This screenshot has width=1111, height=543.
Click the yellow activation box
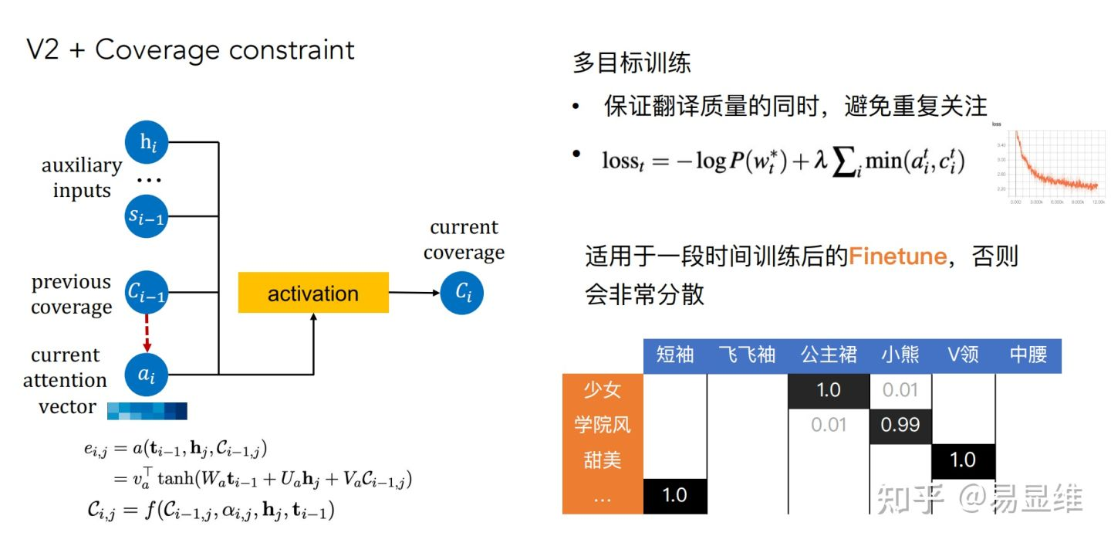(313, 294)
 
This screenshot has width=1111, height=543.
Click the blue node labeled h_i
(147, 141)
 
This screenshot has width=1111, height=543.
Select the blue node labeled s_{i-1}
(147, 216)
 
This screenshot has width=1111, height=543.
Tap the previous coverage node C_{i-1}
(147, 293)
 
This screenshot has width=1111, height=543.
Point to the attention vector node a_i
(147, 375)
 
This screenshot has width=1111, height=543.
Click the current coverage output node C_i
(462, 293)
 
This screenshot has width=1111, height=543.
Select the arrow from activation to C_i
(414, 293)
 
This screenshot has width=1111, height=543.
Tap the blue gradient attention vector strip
(147, 410)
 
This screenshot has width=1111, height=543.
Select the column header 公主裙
(829, 355)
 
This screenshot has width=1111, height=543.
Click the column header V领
(963, 355)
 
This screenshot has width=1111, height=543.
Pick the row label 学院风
(603, 426)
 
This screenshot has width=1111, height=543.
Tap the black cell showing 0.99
(900, 426)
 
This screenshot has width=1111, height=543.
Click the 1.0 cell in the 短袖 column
(675, 495)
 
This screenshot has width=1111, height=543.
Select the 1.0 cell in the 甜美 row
(963, 460)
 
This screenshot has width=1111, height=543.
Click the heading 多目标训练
(631, 63)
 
